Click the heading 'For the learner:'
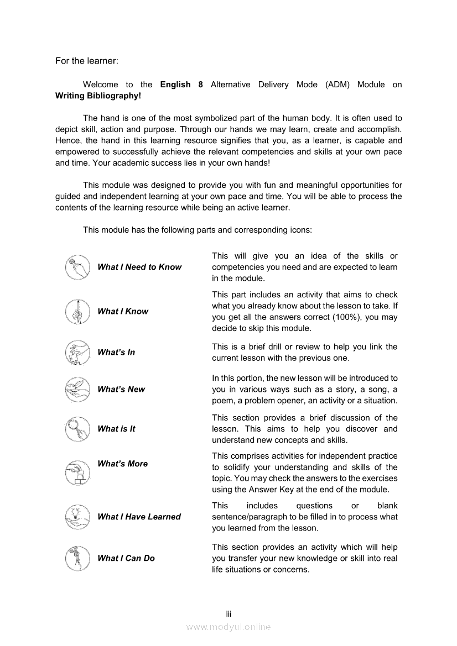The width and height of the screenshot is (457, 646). pyautogui.click(x=87, y=61)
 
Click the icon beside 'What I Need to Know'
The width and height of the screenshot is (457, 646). pyautogui.click(x=77, y=267)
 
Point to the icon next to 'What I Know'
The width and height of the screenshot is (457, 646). pyautogui.click(x=77, y=311)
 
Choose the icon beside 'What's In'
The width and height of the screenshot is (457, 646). pyautogui.click(x=77, y=353)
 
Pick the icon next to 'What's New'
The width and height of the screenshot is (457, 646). pyautogui.click(x=77, y=390)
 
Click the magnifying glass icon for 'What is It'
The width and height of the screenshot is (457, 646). pyautogui.click(x=77, y=429)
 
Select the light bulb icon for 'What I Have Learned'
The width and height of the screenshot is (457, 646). pyautogui.click(x=77, y=517)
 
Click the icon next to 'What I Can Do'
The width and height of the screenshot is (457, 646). pyautogui.click(x=77, y=558)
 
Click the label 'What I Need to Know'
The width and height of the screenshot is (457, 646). pyautogui.click(x=139, y=267)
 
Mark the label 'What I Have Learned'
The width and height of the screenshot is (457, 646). pyautogui.click(x=139, y=517)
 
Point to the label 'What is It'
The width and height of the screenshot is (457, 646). pyautogui.click(x=116, y=429)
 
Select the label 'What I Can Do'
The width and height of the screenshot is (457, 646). pyautogui.click(x=126, y=558)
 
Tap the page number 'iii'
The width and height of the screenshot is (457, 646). pyautogui.click(x=228, y=614)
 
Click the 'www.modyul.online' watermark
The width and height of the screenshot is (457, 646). pyautogui.click(x=228, y=627)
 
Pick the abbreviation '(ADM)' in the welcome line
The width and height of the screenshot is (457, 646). pyautogui.click(x=337, y=85)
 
